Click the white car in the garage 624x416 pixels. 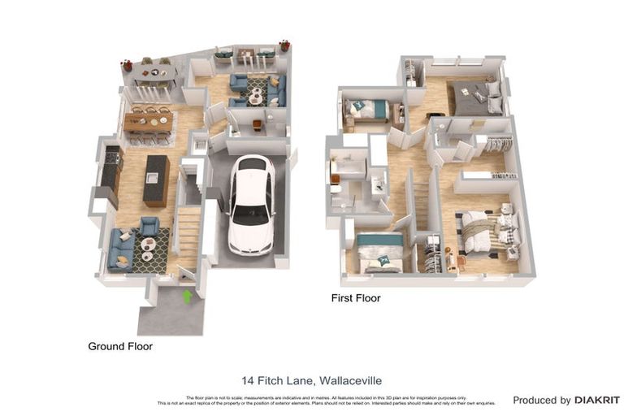[x=251, y=204]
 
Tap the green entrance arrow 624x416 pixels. [x=188, y=297]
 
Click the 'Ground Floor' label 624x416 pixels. [x=120, y=346]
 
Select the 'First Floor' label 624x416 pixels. [x=356, y=298]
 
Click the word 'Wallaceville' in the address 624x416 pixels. [x=350, y=380]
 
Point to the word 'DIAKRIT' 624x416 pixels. [x=597, y=400]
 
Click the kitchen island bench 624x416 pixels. [x=156, y=180]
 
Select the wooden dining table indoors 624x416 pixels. [x=148, y=122]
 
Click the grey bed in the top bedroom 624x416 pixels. [x=475, y=97]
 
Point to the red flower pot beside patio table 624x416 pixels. [x=127, y=65]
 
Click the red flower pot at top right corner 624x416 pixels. [x=284, y=45]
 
